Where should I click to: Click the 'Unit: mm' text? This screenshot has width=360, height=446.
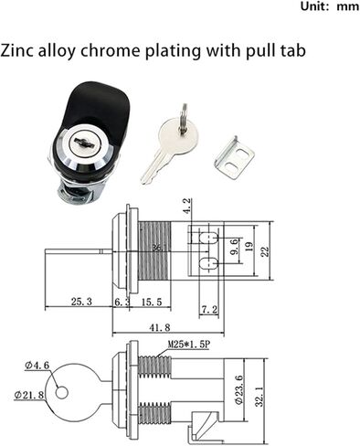pos(323,6)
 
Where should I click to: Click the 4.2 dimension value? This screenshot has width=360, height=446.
pos(187,207)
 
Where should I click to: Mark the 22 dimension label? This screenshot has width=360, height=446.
pos(266,250)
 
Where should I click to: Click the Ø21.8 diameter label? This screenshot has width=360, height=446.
pos(31,395)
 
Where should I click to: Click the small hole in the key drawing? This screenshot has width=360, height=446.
pos(61,392)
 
